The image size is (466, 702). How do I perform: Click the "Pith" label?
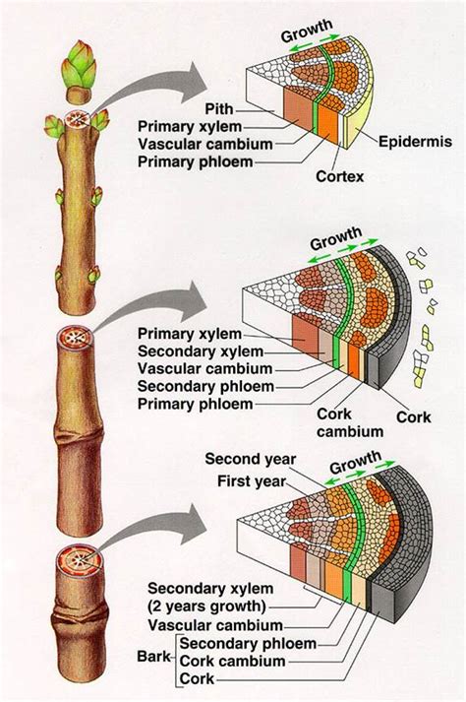click(x=219, y=108)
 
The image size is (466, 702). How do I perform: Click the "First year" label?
click(x=251, y=481)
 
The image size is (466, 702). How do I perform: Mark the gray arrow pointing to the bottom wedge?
click(x=147, y=527)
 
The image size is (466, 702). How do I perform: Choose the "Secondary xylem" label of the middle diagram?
click(x=200, y=351)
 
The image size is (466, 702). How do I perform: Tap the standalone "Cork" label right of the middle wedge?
click(x=413, y=416)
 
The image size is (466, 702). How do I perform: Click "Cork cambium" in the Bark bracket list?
click(x=232, y=662)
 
